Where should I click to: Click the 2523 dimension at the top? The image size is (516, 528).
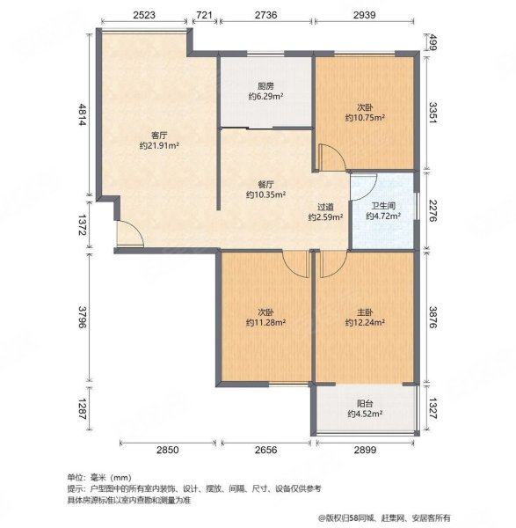(146, 16)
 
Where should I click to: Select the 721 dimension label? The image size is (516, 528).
(203, 16)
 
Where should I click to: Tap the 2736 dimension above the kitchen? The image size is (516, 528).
(266, 16)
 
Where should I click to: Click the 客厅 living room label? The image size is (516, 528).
(158, 136)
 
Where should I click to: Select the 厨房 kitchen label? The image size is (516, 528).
(266, 85)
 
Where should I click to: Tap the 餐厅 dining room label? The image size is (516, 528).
(266, 185)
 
